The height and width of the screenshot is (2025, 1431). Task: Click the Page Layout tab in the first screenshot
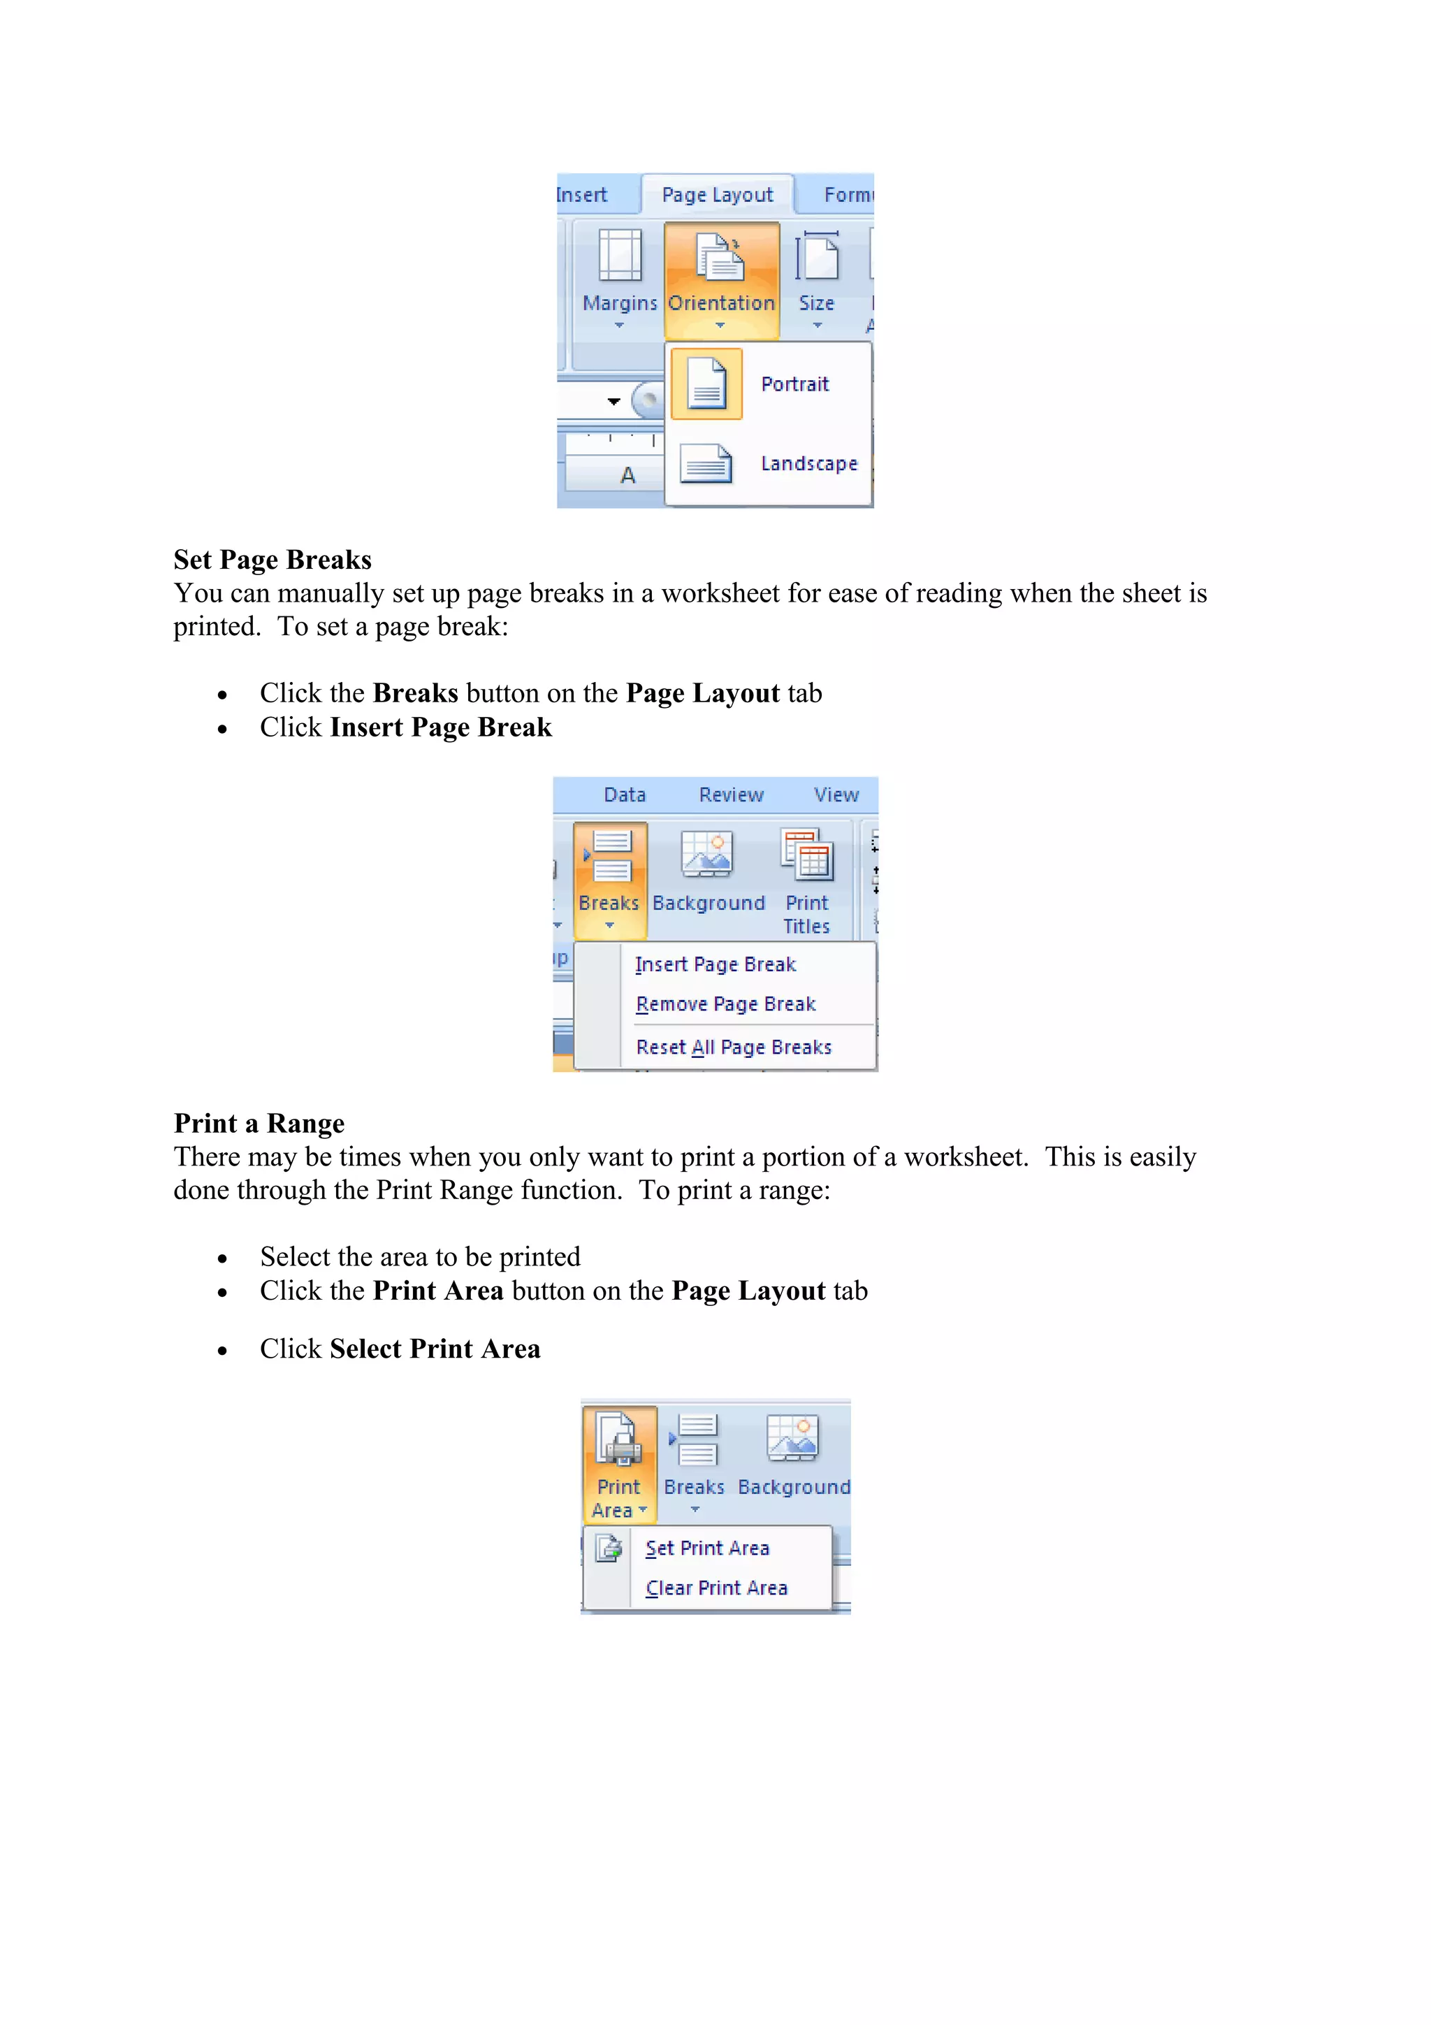click(717, 195)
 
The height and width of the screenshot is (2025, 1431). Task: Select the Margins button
click(619, 279)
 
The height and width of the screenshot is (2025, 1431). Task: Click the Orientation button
click(721, 279)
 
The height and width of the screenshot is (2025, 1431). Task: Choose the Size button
click(816, 279)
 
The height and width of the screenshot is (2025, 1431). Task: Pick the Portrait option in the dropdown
click(794, 384)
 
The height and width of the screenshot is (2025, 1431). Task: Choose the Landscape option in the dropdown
click(808, 464)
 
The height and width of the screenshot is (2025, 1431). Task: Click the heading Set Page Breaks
click(272, 560)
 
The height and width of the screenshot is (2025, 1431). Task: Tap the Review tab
click(731, 794)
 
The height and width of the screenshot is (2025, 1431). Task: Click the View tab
click(836, 794)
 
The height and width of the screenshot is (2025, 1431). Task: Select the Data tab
click(624, 794)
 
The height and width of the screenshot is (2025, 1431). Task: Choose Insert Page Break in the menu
click(715, 965)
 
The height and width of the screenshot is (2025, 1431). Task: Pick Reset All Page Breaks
click(734, 1047)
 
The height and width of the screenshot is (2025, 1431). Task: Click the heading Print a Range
click(259, 1124)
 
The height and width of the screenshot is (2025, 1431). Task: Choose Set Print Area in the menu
click(707, 1548)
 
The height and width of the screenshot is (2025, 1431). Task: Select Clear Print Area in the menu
click(716, 1588)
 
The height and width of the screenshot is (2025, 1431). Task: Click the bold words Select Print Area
click(435, 1349)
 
